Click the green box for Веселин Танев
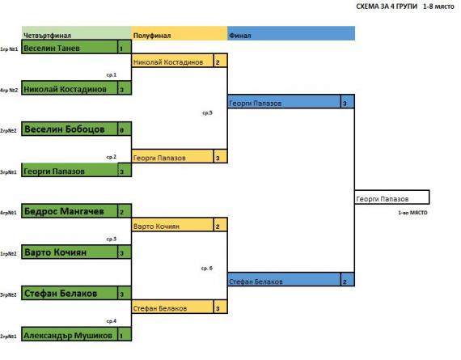tap(77, 47)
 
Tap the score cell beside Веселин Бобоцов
tap(125, 129)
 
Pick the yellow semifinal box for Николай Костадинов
tap(180, 61)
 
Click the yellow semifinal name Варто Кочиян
tap(156, 227)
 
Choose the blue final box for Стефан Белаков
tap(291, 279)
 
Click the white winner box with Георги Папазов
tap(392, 197)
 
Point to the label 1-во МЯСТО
tap(412, 212)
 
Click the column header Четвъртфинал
tap(47, 36)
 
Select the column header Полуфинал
tap(152, 36)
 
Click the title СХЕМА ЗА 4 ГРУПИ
tap(387, 6)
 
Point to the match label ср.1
tap(112, 74)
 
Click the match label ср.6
tap(207, 268)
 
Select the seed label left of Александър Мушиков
tap(8, 336)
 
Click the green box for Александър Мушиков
tap(77, 334)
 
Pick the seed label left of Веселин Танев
tap(9, 49)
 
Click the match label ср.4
tap(112, 320)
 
